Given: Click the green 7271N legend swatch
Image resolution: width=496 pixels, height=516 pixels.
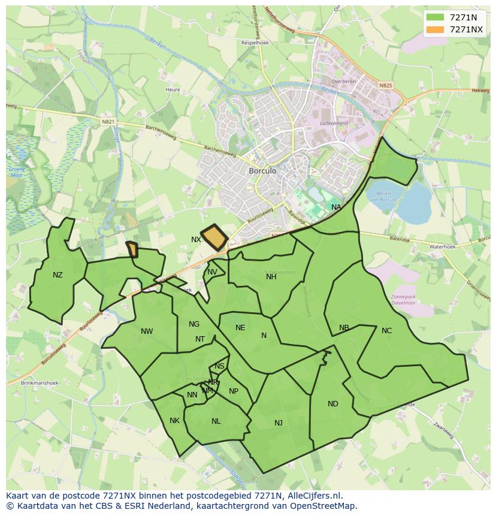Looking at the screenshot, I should point(435,17).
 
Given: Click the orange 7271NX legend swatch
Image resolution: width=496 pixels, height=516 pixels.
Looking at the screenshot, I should point(435,29).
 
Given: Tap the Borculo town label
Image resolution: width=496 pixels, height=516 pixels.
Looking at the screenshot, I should point(262,171).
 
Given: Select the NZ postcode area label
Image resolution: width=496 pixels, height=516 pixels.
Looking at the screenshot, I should point(58,275).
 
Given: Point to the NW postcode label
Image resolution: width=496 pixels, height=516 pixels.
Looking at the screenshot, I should point(147,331).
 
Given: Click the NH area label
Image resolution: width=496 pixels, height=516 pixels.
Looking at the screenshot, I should point(271,277).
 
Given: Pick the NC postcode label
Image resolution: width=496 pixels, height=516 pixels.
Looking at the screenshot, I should point(386,331).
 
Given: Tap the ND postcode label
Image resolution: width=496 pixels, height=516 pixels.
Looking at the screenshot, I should point(333,404).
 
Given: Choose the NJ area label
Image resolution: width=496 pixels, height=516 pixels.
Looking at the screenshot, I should point(279,423).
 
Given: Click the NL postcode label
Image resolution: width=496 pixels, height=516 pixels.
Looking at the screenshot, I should point(216,421).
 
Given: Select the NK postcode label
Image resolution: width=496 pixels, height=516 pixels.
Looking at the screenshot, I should point(174,421).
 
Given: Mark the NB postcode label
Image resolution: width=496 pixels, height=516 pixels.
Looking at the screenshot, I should point(344,328).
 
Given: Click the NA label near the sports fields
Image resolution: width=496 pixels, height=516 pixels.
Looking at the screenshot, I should point(336,207).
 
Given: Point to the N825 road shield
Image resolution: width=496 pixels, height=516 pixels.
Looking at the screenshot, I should point(385,86).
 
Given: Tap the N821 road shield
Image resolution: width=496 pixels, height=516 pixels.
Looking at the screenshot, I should point(108,122).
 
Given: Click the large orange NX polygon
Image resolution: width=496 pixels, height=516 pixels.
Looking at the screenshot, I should point(215,237).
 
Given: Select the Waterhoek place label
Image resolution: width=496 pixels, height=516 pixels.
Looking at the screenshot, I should point(442,246).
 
